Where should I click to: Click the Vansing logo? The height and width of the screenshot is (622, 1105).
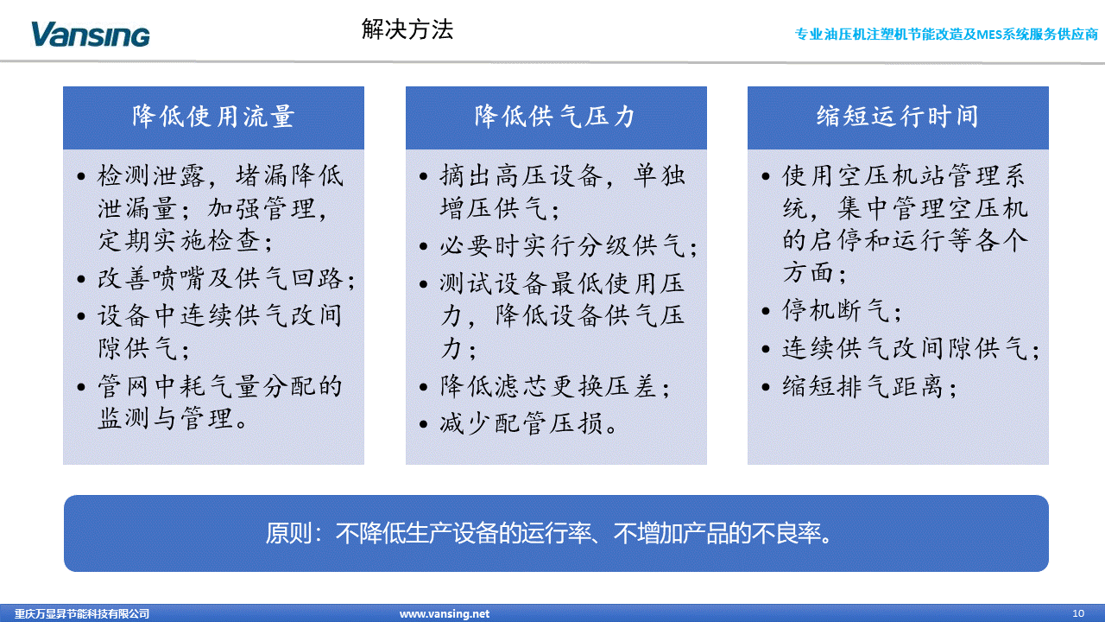pos(91,35)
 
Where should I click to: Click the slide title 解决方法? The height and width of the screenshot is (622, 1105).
pos(407,29)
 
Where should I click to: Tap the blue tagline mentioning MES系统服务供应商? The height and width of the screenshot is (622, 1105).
pos(946,34)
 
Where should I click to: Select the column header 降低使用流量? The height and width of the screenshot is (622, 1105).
pos(213,117)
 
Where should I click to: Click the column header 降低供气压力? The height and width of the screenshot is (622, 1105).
pos(555,117)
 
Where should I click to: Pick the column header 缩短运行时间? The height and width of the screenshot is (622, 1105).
pos(897,117)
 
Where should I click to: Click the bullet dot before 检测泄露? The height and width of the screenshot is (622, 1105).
pos(81,177)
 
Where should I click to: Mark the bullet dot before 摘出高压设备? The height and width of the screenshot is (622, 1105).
pos(423,177)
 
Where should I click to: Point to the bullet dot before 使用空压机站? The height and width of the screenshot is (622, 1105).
pos(766,177)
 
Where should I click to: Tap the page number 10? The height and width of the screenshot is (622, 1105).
pos(1078,613)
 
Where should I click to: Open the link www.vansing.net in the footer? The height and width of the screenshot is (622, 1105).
pos(445,613)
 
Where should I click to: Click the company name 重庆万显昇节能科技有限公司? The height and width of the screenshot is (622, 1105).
pos(82,613)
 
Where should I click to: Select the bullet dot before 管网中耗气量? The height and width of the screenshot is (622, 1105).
pos(81,387)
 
